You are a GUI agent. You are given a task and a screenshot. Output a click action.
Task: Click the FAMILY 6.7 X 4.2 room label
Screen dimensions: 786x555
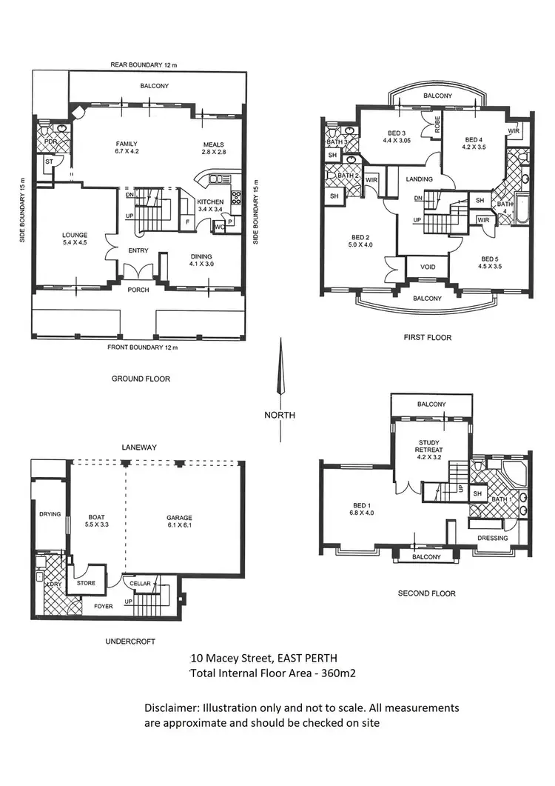125,148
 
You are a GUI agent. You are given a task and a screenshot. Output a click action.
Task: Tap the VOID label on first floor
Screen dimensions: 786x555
428,266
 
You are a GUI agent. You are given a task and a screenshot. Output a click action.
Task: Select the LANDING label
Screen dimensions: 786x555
420,179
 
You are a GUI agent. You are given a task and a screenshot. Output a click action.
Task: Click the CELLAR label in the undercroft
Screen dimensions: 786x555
140,584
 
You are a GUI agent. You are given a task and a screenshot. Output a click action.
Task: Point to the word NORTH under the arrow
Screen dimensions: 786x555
280,415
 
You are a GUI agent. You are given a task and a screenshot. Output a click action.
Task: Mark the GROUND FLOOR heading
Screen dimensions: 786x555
141,379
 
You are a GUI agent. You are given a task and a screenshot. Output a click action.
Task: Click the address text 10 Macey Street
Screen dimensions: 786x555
264,658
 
